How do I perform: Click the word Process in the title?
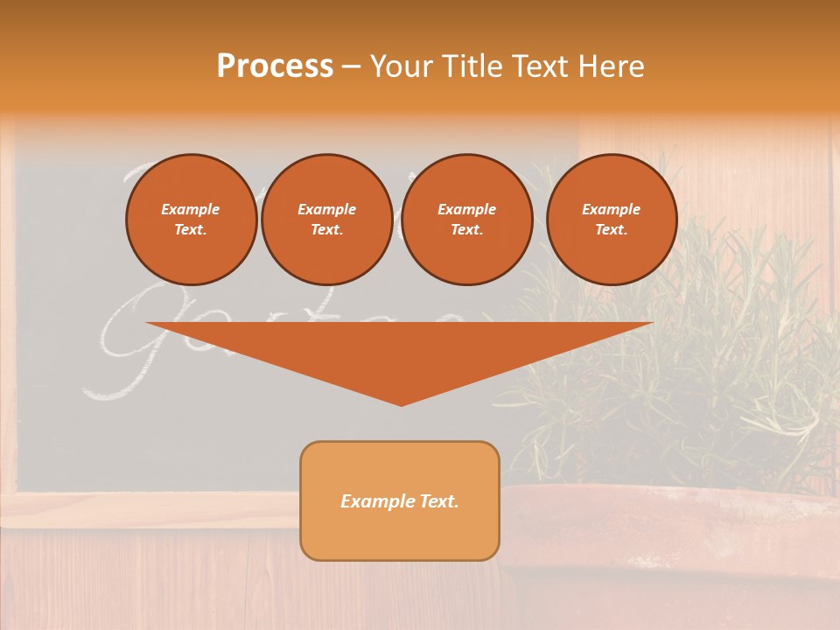tap(275, 66)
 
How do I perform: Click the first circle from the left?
tap(191, 220)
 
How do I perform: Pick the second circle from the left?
tap(326, 220)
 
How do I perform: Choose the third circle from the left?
tap(466, 220)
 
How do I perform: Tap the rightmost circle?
tap(611, 220)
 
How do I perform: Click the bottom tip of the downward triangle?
tap(401, 403)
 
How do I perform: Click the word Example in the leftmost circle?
tap(191, 210)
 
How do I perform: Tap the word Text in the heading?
tap(538, 66)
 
